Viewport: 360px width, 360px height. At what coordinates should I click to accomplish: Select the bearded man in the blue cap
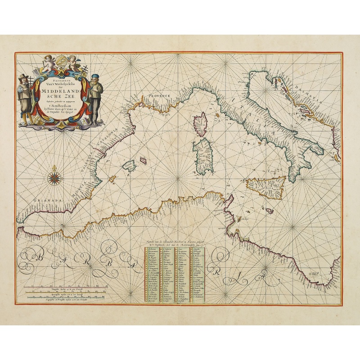95,97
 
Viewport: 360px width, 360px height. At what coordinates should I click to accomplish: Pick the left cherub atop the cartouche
48,63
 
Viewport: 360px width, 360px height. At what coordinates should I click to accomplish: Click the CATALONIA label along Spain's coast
112,138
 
